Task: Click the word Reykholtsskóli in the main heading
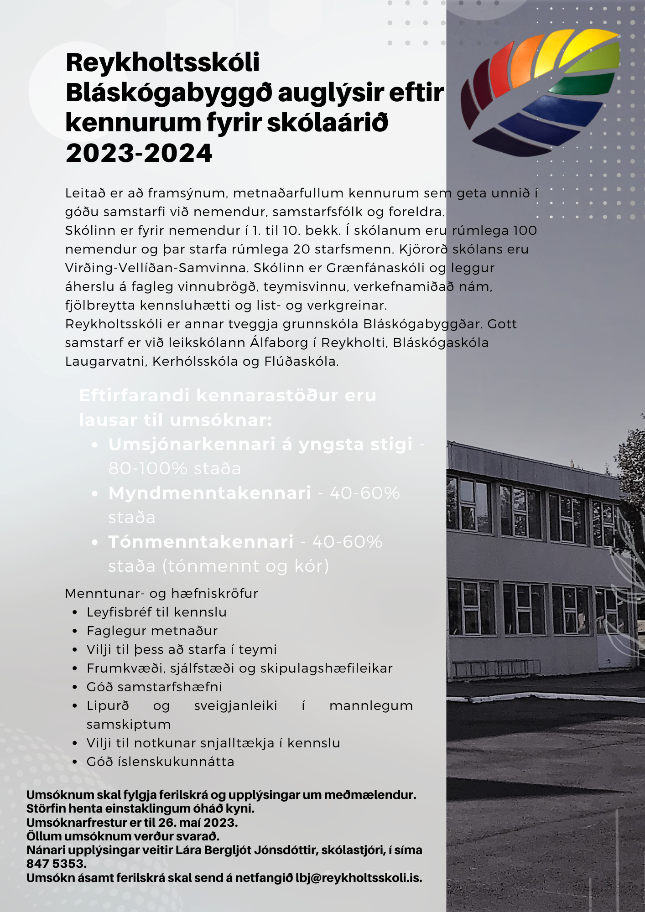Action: [x=162, y=63]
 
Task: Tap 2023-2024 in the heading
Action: [x=139, y=153]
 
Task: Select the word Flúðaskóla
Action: [x=301, y=362]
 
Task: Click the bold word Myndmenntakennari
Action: [x=210, y=493]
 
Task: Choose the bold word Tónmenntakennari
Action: [x=201, y=542]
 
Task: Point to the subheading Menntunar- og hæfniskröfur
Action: [x=161, y=593]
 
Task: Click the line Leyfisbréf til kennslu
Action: [x=156, y=612]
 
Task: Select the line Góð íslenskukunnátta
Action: [x=160, y=762]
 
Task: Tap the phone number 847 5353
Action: [x=56, y=864]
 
